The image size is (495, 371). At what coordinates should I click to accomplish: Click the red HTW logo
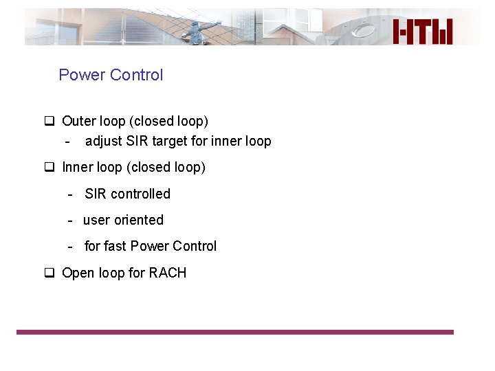click(423, 32)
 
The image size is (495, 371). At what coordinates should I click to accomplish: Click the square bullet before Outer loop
click(49, 122)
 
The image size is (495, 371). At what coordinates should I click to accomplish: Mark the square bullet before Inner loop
click(49, 168)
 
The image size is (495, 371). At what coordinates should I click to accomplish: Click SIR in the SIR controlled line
click(96, 194)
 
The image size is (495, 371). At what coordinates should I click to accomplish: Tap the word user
click(96, 221)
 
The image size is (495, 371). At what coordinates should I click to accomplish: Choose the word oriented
click(139, 221)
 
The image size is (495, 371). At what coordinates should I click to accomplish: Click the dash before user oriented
click(71, 221)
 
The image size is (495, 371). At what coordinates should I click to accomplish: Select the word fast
click(115, 246)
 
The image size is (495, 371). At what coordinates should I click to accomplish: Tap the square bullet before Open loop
click(49, 273)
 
